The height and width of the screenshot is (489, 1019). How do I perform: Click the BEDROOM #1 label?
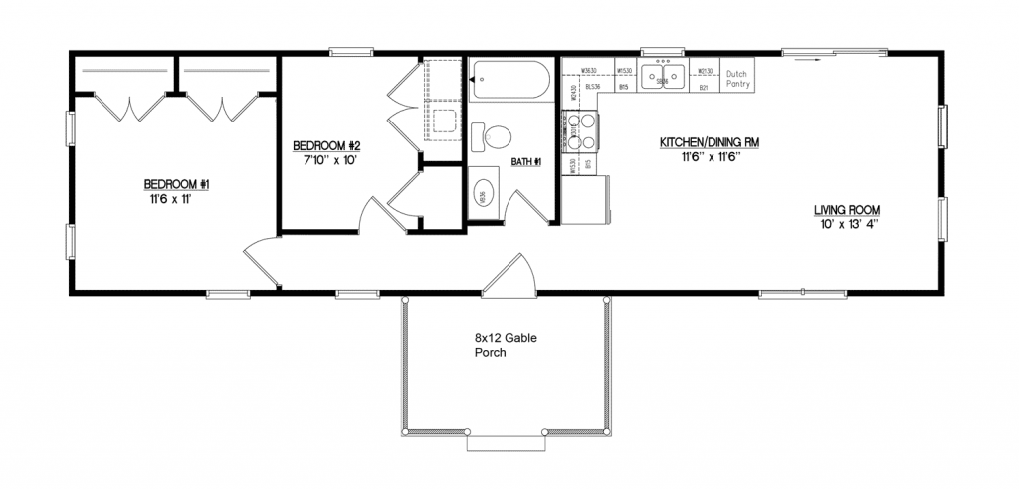[176, 184]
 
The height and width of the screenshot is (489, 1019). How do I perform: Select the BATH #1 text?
[524, 162]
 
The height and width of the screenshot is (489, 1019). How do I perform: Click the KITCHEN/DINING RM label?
[710, 143]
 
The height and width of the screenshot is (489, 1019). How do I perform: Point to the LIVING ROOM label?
[847, 210]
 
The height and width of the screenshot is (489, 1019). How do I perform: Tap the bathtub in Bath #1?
[509, 79]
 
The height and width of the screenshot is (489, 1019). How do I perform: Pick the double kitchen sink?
[661, 77]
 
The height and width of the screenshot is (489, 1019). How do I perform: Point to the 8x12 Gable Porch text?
[506, 345]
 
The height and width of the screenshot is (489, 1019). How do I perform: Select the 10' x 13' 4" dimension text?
[847, 224]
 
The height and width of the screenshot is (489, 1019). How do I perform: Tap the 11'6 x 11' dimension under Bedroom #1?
[176, 198]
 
